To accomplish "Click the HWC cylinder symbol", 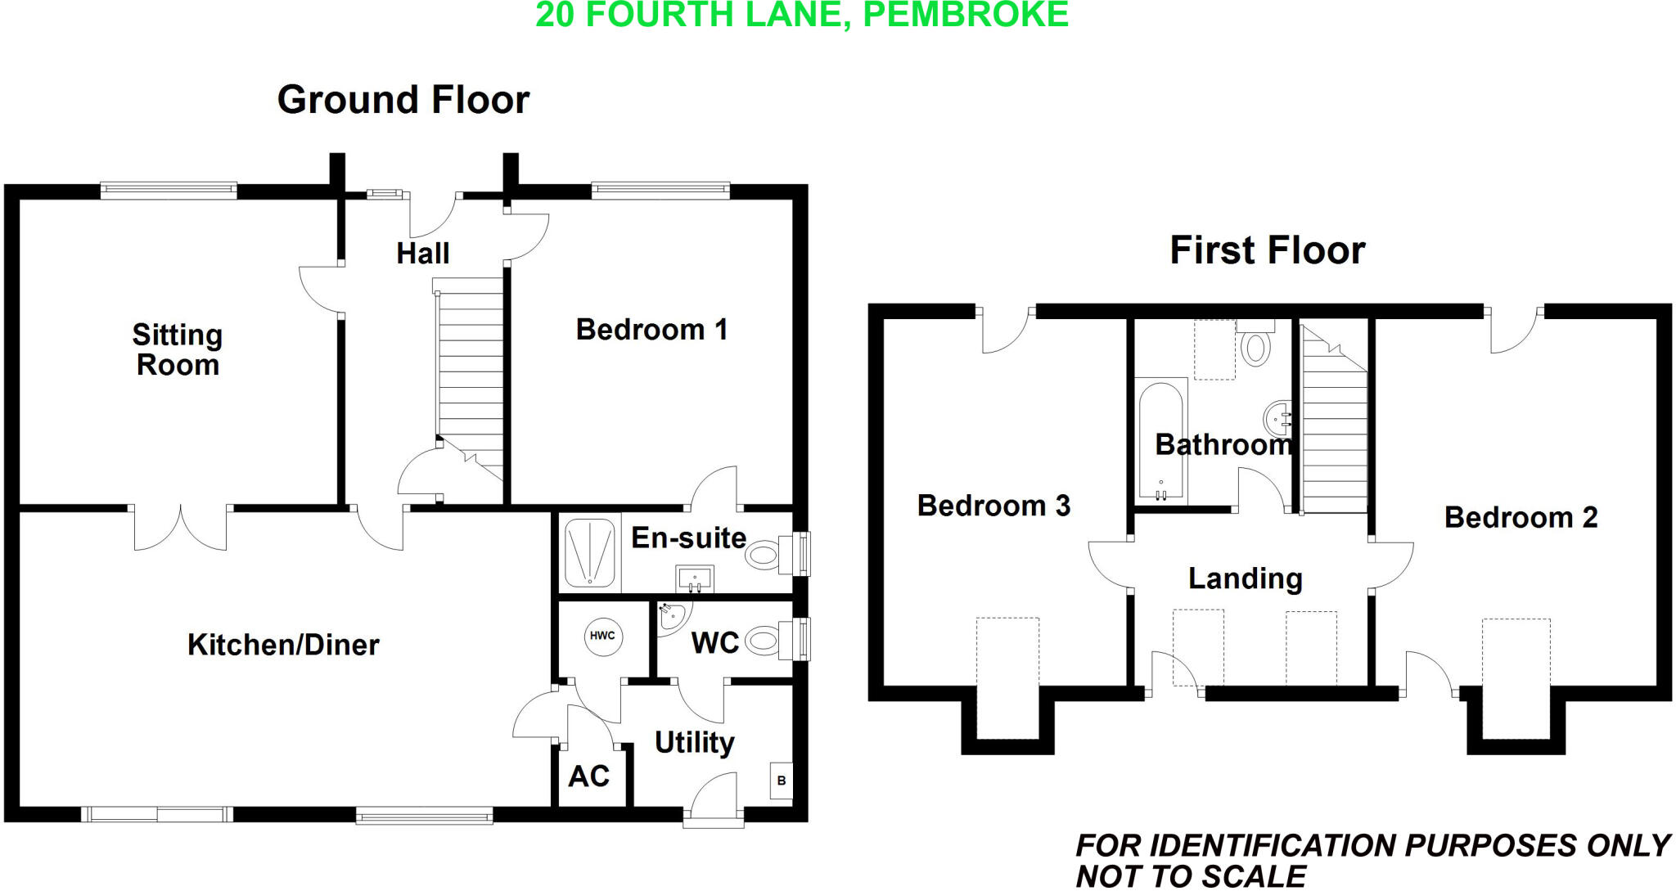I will coord(602,636).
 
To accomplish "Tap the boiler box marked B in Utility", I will coord(781,781).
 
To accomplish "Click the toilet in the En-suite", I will coord(763,556).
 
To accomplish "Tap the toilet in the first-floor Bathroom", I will coord(1255,345).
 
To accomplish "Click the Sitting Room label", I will coord(178,349).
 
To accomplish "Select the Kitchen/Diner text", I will coord(283,645).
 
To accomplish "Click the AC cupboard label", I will coord(589,776).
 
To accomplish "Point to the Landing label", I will coord(1245,578).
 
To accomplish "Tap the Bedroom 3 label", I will coord(993,506).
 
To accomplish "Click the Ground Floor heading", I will coord(403,100).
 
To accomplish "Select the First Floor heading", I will coord(1267,250).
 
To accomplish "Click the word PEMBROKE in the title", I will coord(966,15).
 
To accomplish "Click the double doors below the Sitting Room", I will coord(180,528).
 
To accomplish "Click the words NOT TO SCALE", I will coord(1191,876).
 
